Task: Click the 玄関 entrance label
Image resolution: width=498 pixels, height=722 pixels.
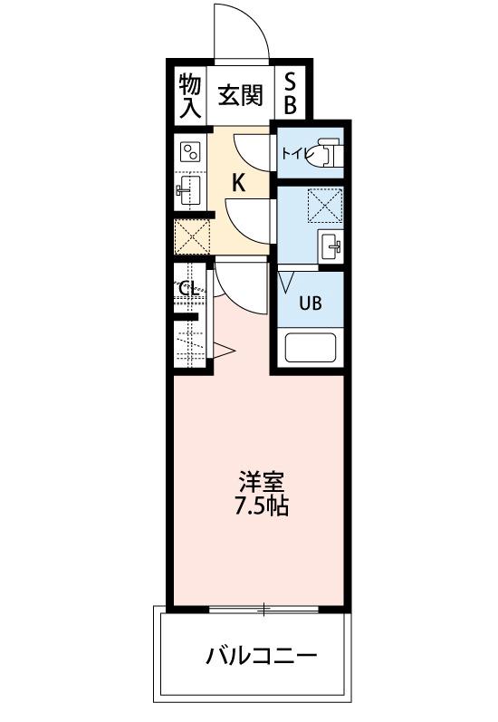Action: click(x=240, y=95)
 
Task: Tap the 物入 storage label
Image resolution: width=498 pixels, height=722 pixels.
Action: click(x=190, y=96)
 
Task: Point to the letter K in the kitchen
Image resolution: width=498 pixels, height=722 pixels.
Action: click(x=238, y=183)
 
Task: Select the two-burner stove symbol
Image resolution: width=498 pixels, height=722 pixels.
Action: click(x=190, y=151)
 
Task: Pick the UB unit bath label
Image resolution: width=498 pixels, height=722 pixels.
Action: click(x=311, y=303)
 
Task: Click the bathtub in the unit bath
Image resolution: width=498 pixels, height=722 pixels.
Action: click(x=311, y=348)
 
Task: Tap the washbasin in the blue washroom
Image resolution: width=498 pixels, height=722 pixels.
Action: click(x=330, y=245)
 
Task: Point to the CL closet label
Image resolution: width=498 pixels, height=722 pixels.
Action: click(x=188, y=290)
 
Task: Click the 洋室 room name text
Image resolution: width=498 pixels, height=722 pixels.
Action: click(x=261, y=483)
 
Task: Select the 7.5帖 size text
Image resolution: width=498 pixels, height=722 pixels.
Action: click(x=261, y=506)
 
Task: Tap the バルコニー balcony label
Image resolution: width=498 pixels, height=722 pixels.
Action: click(x=261, y=655)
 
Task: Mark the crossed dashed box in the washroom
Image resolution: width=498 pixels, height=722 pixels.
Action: click(x=325, y=206)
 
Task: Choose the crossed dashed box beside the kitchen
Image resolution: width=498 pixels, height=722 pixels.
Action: click(x=192, y=236)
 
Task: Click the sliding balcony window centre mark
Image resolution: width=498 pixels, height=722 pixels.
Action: click(x=263, y=610)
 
